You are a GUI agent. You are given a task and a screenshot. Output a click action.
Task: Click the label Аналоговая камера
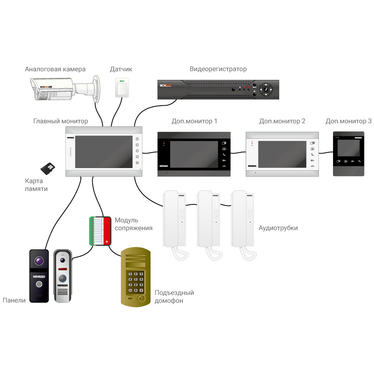pos(55,69)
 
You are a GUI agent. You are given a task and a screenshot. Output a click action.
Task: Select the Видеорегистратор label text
pos(218,69)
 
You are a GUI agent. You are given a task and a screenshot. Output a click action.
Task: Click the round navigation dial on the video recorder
pos(265,90)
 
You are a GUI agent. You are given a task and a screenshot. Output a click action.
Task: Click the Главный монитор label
pos(60,121)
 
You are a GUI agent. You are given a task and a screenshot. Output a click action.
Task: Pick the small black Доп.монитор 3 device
pos(348,154)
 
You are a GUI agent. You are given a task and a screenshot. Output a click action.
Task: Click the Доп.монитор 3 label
pos(348,121)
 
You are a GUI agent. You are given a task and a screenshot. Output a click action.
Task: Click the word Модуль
pos(126,220)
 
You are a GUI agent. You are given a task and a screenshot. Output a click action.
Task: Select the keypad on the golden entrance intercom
pos(136,283)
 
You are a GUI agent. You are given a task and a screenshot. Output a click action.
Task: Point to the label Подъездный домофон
pos(174,297)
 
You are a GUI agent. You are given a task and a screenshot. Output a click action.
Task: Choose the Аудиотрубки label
pos(278,228)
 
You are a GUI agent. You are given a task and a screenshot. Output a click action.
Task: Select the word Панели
pos(14,301)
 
